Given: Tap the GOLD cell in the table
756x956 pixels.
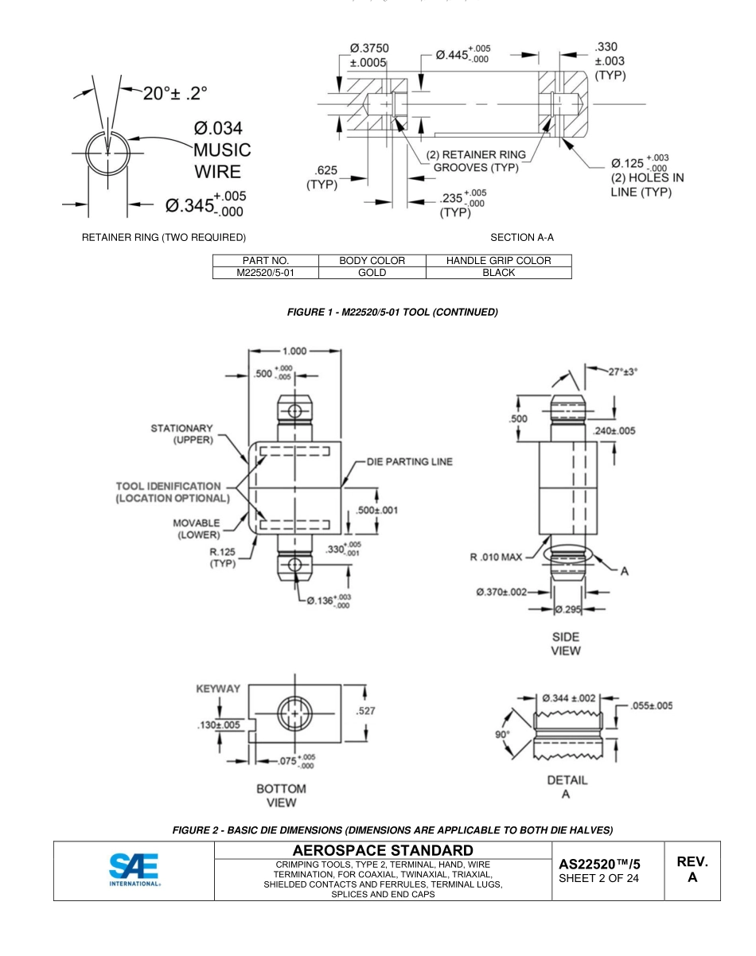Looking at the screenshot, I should [x=372, y=272].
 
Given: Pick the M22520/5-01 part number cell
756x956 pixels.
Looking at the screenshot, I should [x=265, y=272].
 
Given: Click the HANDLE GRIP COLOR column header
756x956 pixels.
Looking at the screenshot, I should [x=499, y=260].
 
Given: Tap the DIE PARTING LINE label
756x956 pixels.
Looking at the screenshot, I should [x=409, y=462].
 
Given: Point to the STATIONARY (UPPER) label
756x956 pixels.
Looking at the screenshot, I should [x=181, y=435].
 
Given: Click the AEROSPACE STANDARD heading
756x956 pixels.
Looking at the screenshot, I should [x=383, y=851].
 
